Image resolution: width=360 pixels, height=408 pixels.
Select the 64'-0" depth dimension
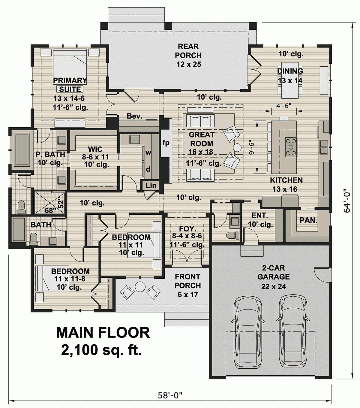click(x=347, y=201)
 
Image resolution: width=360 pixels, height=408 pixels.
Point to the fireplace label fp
click(x=166, y=143)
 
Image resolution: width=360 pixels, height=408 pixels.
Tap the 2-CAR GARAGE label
click(x=273, y=272)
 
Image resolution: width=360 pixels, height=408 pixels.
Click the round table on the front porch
click(x=140, y=287)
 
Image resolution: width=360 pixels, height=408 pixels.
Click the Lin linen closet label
click(x=151, y=186)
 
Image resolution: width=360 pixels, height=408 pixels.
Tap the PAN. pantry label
click(x=308, y=220)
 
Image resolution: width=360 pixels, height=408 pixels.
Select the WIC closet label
click(x=95, y=149)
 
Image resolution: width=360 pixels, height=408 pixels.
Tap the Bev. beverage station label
click(x=134, y=116)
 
